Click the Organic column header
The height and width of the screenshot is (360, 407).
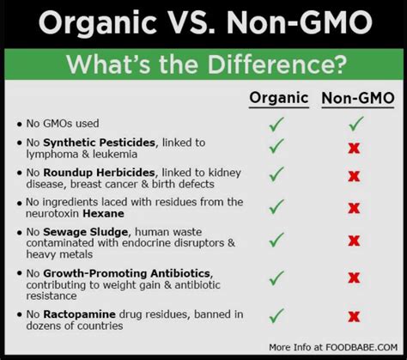pos(279,98)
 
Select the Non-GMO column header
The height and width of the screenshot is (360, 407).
pos(358,98)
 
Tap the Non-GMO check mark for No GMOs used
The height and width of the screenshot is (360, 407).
pos(356,124)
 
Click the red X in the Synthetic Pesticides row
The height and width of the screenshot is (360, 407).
pos(354,148)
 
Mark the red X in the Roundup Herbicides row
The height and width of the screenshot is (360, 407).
pos(354,176)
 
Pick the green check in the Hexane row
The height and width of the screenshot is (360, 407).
pos(276,206)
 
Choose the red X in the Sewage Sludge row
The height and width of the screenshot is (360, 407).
pos(354,241)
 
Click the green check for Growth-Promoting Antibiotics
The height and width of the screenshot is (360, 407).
pos(276,278)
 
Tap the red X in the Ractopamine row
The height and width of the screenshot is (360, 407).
pos(354,317)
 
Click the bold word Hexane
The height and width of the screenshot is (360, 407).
pos(103,214)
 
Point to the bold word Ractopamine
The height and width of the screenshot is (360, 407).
pos(79,314)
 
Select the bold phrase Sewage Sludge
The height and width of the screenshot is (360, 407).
pos(85,232)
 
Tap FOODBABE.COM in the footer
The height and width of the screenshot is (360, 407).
pos(361,347)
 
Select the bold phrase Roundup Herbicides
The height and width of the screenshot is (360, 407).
pos(99,173)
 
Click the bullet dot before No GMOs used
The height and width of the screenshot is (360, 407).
pos(19,125)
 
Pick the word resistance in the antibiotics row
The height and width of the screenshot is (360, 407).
pos(52,296)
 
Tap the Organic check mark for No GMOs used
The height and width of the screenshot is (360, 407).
pos(276,125)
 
